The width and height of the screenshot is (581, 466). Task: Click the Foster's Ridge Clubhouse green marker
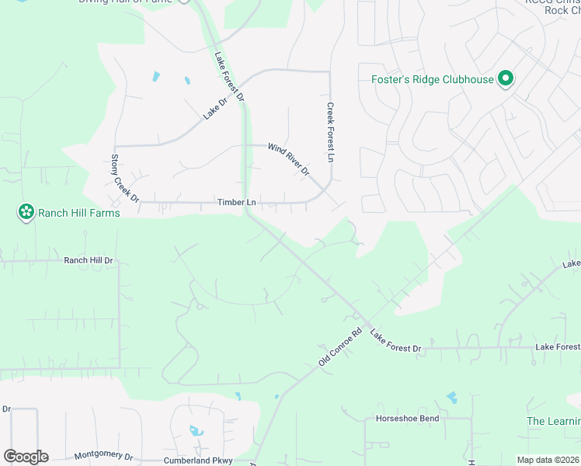[506, 78]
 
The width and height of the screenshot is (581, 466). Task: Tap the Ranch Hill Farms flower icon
[26, 211]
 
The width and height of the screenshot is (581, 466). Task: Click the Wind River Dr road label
[289, 159]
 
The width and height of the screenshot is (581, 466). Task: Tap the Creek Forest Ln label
[330, 132]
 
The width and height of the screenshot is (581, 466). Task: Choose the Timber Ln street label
[237, 203]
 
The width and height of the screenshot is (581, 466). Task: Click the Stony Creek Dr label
[124, 179]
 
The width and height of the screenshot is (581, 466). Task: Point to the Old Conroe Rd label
[341, 346]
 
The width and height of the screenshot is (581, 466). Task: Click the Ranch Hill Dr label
[89, 260]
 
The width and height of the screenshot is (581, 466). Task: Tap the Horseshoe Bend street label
[408, 419]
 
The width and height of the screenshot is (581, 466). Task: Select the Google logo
[26, 457]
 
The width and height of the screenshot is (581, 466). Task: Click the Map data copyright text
[547, 460]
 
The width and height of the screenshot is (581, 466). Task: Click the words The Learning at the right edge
[553, 421]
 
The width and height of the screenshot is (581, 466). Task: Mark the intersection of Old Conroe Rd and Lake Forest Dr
[359, 318]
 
